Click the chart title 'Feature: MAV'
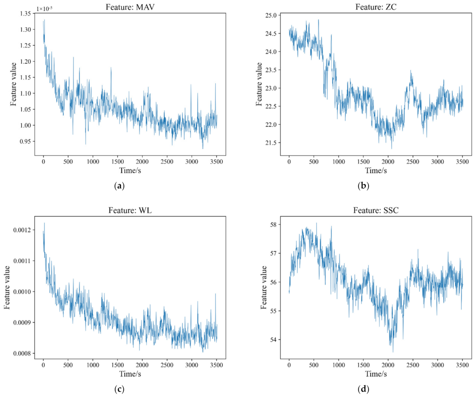130,7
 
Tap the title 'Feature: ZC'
376,7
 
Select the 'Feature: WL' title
130,210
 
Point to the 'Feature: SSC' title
376,210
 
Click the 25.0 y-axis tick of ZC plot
271,15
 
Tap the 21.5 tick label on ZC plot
271,143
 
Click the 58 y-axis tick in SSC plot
273,225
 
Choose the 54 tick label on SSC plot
273,340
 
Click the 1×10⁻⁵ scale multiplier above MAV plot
45,9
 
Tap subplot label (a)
119,186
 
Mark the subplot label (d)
363,389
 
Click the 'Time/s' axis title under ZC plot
376,170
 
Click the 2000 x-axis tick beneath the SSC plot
388,365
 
